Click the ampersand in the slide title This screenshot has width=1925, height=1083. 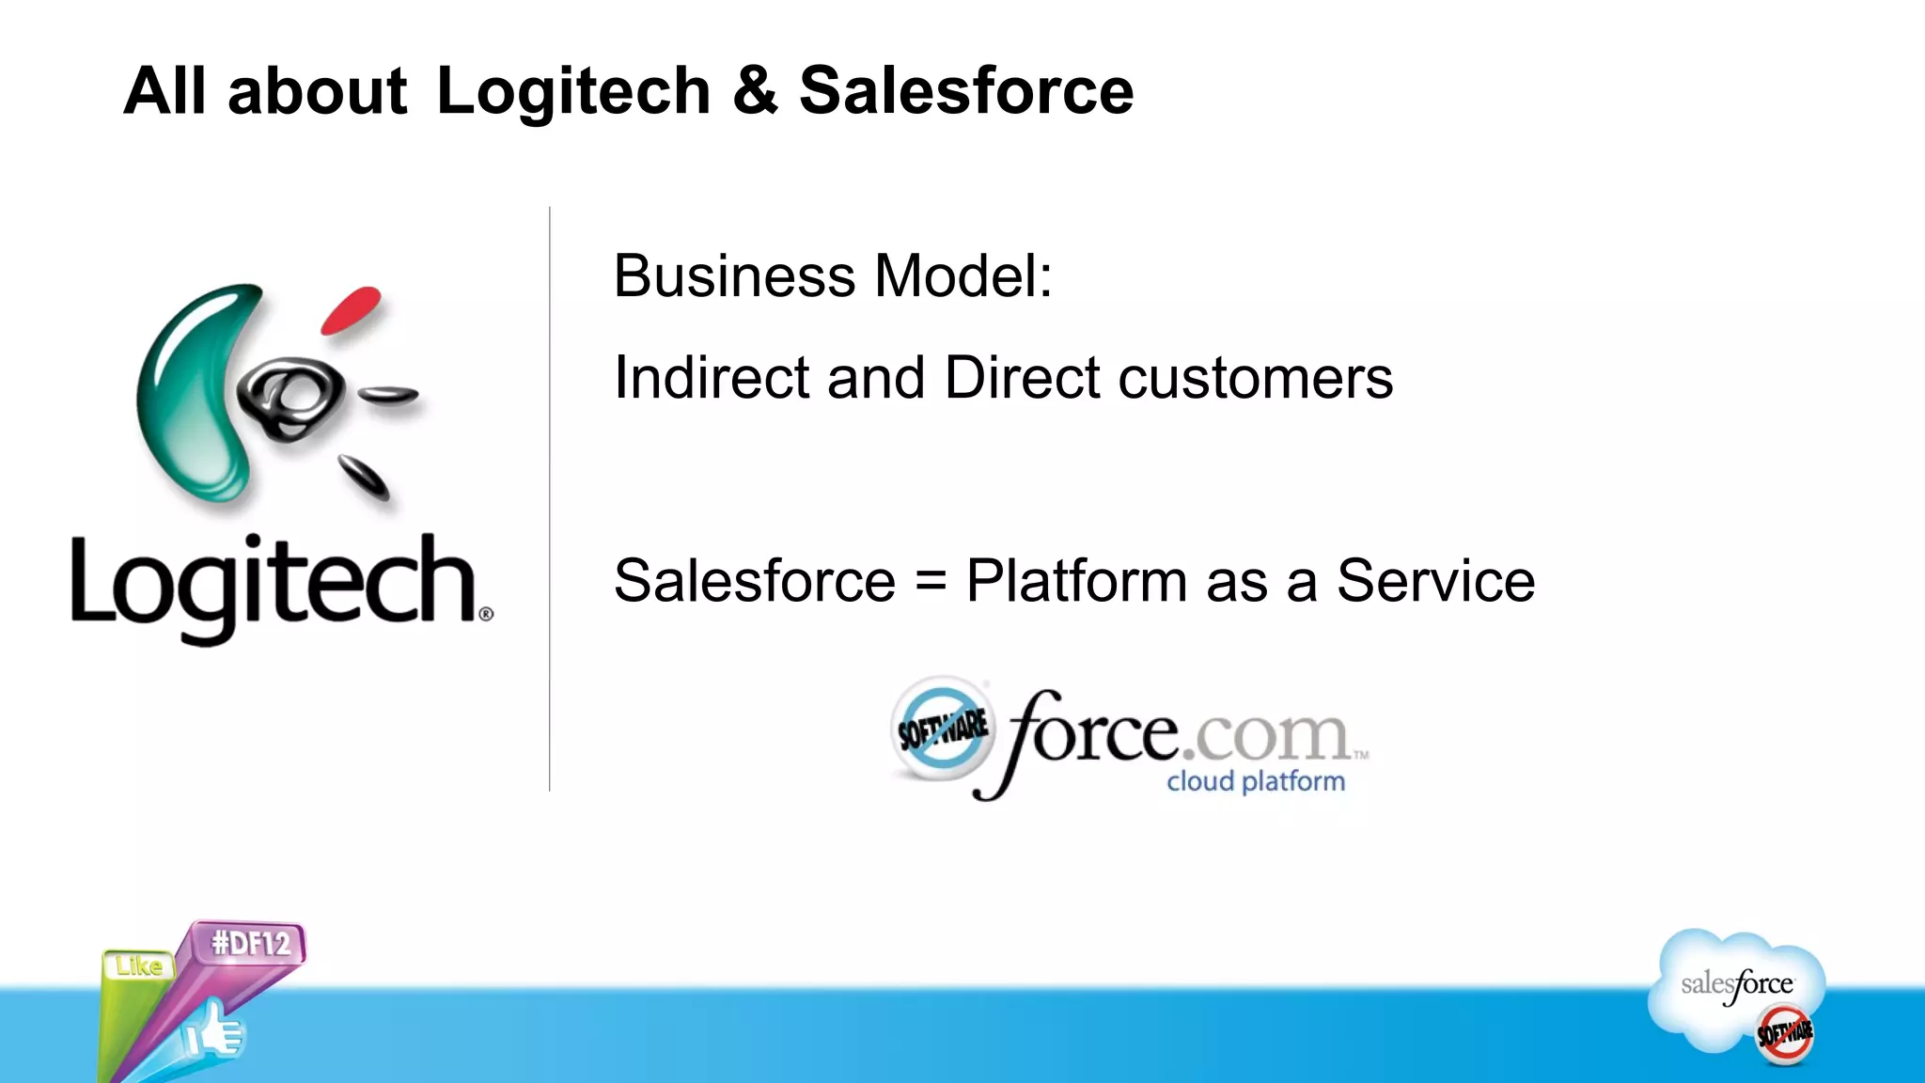tap(755, 91)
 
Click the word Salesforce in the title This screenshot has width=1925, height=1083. tap(966, 91)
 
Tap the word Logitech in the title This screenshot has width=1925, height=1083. tap(573, 91)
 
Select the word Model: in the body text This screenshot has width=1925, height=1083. tap(963, 276)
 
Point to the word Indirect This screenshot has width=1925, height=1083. tap(712, 378)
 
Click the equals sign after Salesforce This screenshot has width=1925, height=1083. tap(931, 580)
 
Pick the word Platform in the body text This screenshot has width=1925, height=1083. tap(1077, 580)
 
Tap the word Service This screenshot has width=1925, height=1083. tap(1435, 580)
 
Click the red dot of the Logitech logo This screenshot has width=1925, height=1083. tap(351, 309)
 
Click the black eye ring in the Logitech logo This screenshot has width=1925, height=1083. tap(290, 397)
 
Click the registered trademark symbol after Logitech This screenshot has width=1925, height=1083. tap(486, 614)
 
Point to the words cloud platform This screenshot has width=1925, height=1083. tap(1256, 781)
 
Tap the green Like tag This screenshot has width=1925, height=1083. tap(138, 965)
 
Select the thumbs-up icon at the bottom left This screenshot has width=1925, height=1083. tap(214, 1032)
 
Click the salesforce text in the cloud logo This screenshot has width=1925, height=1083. tap(1737, 984)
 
